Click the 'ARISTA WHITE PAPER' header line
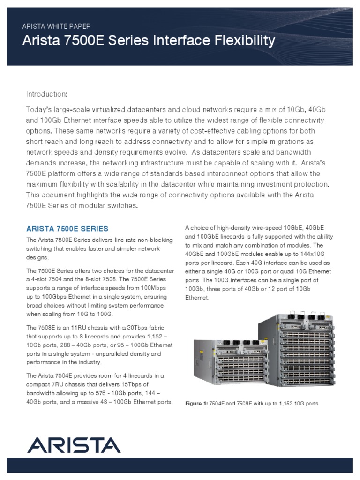[56, 26]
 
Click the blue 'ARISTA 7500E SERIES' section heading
[67, 229]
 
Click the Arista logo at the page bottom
[73, 444]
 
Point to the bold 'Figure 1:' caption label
[197, 403]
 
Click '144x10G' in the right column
[315, 254]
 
